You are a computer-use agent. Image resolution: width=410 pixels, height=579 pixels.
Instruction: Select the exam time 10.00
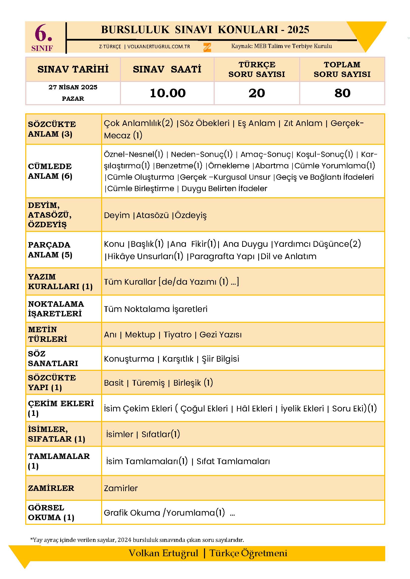coord(168,93)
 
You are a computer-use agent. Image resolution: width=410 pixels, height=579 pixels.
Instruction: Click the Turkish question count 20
coord(257,93)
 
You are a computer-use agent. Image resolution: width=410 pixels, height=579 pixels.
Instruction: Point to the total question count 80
coord(342,93)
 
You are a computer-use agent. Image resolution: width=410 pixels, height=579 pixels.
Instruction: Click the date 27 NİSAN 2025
coord(73,87)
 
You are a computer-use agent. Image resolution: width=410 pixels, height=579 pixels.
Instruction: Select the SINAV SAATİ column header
coord(167,69)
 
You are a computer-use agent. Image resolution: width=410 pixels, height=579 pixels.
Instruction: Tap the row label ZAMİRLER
coord(51,488)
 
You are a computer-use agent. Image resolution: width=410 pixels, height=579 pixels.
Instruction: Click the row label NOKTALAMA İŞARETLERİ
coord(56,309)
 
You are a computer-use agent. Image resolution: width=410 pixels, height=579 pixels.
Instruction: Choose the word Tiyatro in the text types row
coord(177,334)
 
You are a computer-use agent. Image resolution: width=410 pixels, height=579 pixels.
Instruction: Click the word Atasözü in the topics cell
coord(152,215)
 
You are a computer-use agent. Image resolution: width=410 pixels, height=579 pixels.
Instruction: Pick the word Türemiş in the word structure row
coord(148,383)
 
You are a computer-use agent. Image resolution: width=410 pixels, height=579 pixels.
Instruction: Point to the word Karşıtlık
coord(178,359)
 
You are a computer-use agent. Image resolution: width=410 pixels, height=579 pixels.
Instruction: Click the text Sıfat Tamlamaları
coord(233,461)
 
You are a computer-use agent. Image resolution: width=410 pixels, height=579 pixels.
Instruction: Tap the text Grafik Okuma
coord(132,513)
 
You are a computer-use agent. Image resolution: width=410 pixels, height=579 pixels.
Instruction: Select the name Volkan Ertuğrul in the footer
coord(164,553)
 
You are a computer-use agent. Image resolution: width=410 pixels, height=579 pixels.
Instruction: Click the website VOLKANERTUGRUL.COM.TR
coord(159,47)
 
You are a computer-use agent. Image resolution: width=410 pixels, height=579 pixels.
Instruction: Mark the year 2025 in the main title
coord(298,30)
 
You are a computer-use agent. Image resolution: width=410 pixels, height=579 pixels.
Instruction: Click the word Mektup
coord(140,334)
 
